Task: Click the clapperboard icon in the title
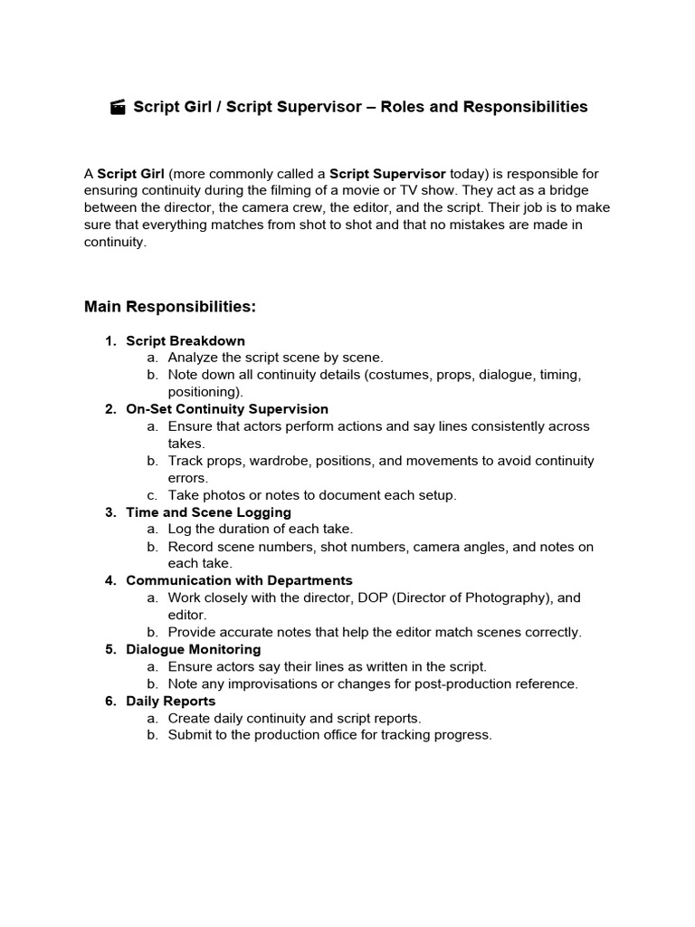click(x=118, y=108)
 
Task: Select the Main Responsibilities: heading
click(x=170, y=307)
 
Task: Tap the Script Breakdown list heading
click(x=186, y=340)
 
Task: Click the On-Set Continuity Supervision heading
click(x=227, y=409)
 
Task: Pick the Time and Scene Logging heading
click(x=208, y=512)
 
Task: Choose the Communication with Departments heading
click(x=239, y=580)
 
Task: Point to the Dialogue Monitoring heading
click(x=193, y=649)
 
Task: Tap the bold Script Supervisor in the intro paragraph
click(x=387, y=173)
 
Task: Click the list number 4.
click(x=109, y=580)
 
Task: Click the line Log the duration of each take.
click(x=260, y=530)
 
